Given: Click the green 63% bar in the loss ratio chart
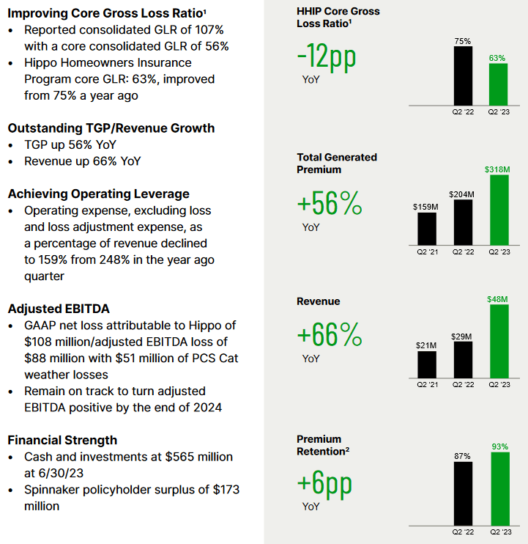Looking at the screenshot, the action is pyautogui.click(x=498, y=84).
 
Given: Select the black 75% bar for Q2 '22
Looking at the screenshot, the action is pyautogui.click(x=464, y=76).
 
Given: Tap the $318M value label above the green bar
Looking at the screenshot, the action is pyautogui.click(x=497, y=169).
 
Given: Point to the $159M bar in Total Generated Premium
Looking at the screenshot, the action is pyautogui.click(x=427, y=229).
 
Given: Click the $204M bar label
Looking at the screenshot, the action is pyautogui.click(x=461, y=194).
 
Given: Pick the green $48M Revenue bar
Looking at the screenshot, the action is pyautogui.click(x=499, y=342).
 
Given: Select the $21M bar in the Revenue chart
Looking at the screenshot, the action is pyautogui.click(x=427, y=364).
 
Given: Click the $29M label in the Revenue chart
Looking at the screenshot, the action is pyautogui.click(x=461, y=337).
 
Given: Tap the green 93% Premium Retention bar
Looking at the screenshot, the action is pyautogui.click(x=500, y=489).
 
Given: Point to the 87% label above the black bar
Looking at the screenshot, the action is pyautogui.click(x=463, y=456).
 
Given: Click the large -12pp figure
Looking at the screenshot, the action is pyautogui.click(x=327, y=56).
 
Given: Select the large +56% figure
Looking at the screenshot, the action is pyautogui.click(x=330, y=203).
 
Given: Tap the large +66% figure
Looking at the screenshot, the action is pyautogui.click(x=330, y=334).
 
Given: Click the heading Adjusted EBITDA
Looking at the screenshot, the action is pyautogui.click(x=59, y=309).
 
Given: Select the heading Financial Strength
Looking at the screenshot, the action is pyautogui.click(x=62, y=440).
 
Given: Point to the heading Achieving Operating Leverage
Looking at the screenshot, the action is pyautogui.click(x=99, y=194).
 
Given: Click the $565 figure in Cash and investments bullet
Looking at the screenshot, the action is pyautogui.click(x=181, y=457).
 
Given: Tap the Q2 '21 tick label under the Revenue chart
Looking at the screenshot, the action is pyautogui.click(x=427, y=384).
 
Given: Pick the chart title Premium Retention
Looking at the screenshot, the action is pyautogui.click(x=323, y=445).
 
